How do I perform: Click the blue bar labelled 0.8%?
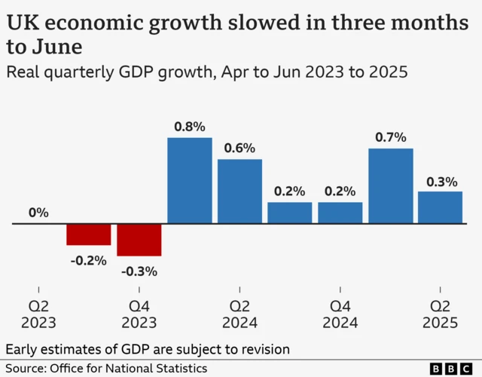(x=189, y=181)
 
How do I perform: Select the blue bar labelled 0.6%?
(x=239, y=192)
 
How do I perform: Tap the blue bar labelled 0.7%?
(x=390, y=186)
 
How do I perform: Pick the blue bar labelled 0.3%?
(x=440, y=207)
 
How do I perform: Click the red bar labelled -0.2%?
(x=89, y=234)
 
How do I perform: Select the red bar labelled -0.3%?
(x=139, y=240)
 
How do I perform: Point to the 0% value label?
(x=38, y=213)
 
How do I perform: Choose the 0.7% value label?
(x=390, y=137)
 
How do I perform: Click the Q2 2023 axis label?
(x=38, y=314)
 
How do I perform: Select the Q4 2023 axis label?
(x=139, y=314)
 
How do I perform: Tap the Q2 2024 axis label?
(x=239, y=314)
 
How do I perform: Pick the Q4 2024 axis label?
(x=340, y=314)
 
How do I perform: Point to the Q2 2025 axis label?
(x=440, y=314)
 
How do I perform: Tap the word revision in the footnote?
(x=265, y=350)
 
